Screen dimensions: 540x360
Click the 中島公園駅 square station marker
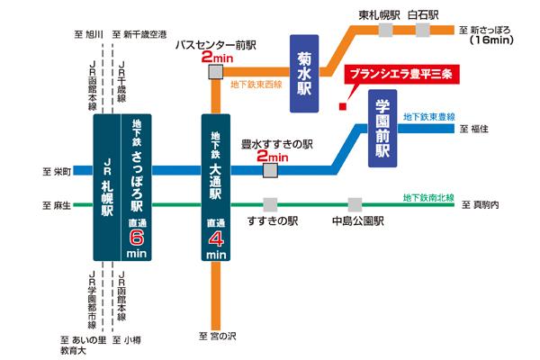coord(355,204)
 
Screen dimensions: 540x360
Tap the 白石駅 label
coord(424,15)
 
